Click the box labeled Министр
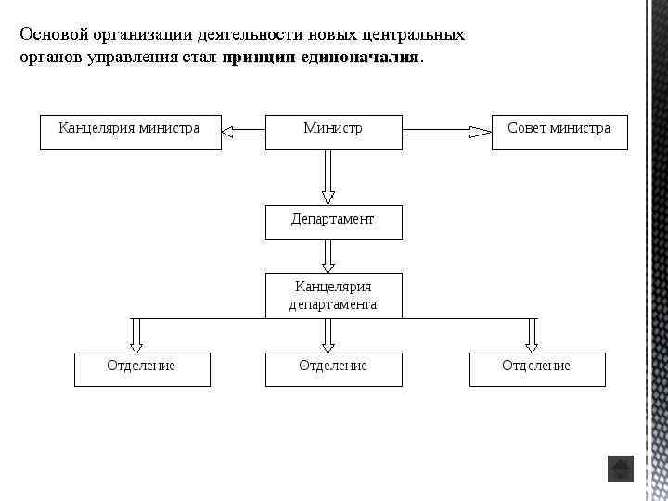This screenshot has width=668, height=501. pyautogui.click(x=333, y=132)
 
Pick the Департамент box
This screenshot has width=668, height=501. pyautogui.click(x=333, y=222)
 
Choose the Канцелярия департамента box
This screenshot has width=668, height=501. pyautogui.click(x=333, y=296)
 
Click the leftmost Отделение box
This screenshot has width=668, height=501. pyautogui.click(x=142, y=368)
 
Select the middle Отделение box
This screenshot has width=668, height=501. pyautogui.click(x=333, y=368)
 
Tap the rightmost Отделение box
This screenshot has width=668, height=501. pyautogui.click(x=537, y=368)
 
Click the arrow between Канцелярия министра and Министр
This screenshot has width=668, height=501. pyautogui.click(x=244, y=133)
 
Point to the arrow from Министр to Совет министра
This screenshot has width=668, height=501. pyautogui.click(x=447, y=133)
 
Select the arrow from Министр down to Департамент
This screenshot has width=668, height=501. pyautogui.click(x=328, y=177)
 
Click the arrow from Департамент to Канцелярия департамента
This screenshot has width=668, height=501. pyautogui.click(x=328, y=256)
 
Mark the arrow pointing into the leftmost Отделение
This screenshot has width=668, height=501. pyautogui.click(x=136, y=335)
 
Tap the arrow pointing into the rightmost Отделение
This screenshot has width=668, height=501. pyautogui.click(x=532, y=335)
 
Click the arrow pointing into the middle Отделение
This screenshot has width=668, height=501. pyautogui.click(x=328, y=335)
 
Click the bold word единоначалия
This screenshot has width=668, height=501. pyautogui.click(x=368, y=57)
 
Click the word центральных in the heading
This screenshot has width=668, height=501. pyautogui.click(x=416, y=34)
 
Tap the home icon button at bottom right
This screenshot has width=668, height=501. pyautogui.click(x=620, y=469)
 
